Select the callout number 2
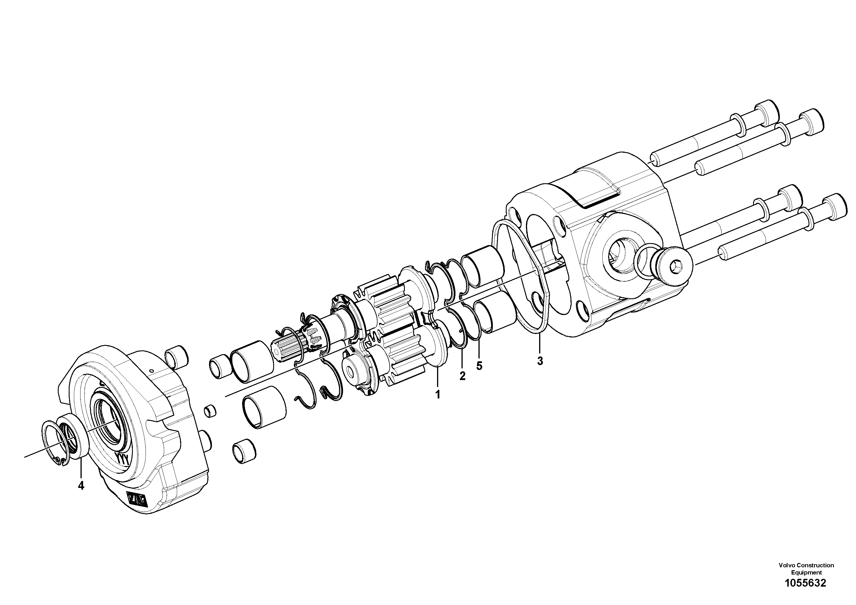coord(462,376)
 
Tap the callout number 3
coord(540,361)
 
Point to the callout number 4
coord(81,486)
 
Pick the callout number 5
coord(479,366)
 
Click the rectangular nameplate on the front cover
coord(137,499)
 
